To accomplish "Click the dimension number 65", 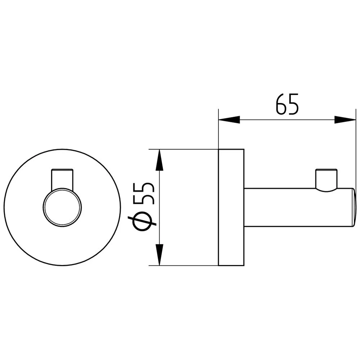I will click(x=288, y=104).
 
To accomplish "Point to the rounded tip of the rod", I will click(x=353, y=207).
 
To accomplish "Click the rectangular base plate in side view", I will click(x=231, y=207).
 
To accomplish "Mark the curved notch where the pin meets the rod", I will click(x=326, y=189).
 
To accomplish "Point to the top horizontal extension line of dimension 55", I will click(x=184, y=149).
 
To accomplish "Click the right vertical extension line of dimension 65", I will click(x=356, y=151).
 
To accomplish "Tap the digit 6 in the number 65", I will click(x=281, y=104).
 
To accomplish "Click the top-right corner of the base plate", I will click(x=244, y=149).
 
